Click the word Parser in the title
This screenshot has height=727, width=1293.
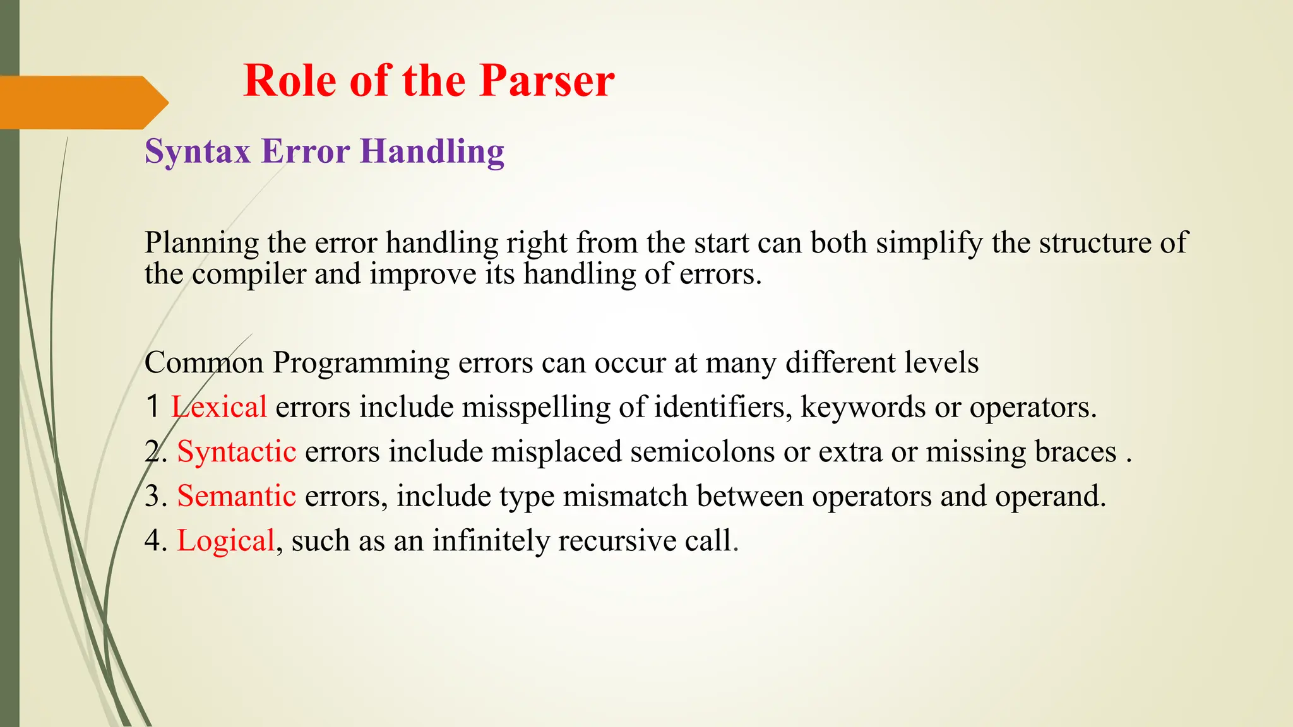coord(546,81)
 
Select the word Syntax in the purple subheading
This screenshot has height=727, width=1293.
coord(198,151)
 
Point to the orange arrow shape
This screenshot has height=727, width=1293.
coord(82,102)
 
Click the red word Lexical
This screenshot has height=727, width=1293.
coord(219,407)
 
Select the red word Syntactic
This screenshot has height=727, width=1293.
coord(236,452)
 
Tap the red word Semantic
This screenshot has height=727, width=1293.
coord(236,496)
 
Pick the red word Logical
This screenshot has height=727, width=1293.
coord(225,541)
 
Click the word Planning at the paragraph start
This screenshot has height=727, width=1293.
coord(201,243)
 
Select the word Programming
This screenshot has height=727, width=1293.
coord(360,363)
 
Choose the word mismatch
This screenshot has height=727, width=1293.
coord(625,496)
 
